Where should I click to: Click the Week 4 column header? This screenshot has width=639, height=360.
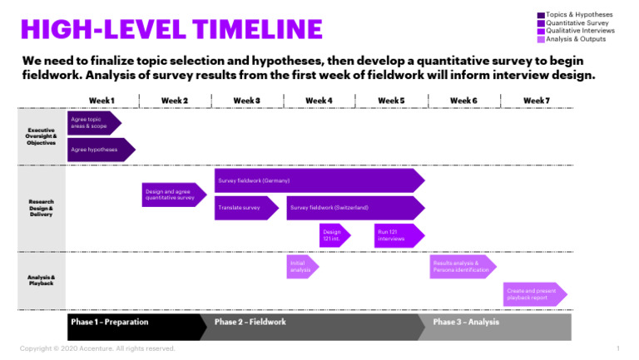(319, 101)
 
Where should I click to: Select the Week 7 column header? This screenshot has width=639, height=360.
(535, 101)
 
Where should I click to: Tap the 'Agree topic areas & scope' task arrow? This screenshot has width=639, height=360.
(92, 123)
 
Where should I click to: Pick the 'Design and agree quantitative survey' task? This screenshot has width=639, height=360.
(171, 195)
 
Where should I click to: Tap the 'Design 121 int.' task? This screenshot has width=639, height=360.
(333, 235)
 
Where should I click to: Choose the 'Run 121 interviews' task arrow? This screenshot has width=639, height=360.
(397, 235)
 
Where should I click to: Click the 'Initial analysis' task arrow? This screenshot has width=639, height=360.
(301, 266)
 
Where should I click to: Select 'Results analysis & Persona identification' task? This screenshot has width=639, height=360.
(460, 266)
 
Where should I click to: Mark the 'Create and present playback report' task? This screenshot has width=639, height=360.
(532, 294)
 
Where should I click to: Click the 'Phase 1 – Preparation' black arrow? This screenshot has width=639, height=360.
(133, 322)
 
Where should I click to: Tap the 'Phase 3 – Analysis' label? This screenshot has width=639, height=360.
(466, 322)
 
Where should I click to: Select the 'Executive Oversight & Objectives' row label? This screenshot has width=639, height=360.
(42, 136)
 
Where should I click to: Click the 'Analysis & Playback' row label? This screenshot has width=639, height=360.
(42, 280)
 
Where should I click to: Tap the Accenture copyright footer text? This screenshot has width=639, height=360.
(97, 348)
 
